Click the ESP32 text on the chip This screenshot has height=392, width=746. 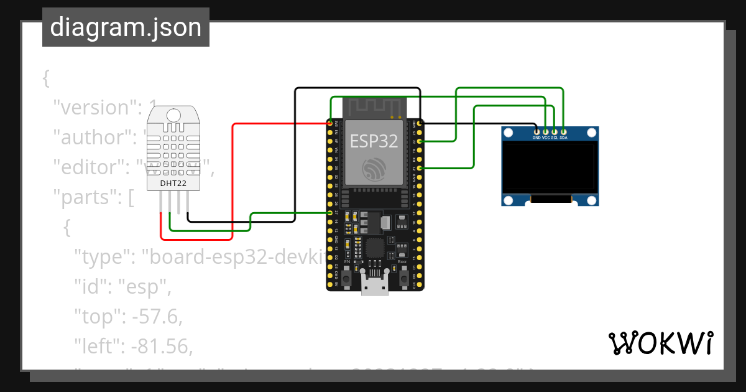point(374,141)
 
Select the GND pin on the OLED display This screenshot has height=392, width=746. point(536,131)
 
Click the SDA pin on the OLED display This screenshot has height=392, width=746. point(563,131)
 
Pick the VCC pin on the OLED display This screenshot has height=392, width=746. point(545,131)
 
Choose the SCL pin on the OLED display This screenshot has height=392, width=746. point(554,131)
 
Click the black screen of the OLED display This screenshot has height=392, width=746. point(549,168)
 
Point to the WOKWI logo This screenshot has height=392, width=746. point(660,343)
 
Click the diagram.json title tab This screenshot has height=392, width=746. point(126,27)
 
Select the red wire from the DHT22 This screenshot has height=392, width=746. point(232,180)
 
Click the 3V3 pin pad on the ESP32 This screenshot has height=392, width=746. point(329,124)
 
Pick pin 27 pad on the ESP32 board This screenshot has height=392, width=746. point(329,213)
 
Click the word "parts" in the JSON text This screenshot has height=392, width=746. point(85,198)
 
